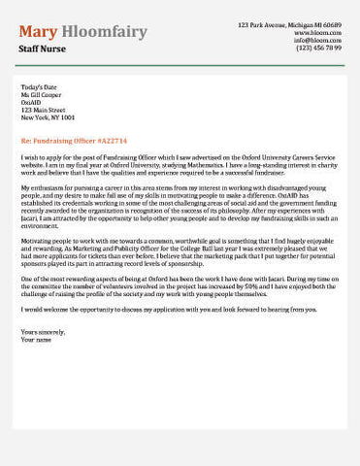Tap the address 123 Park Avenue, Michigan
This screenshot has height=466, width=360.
pyautogui.click(x=289, y=23)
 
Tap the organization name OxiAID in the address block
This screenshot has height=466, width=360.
pyautogui.click(x=32, y=103)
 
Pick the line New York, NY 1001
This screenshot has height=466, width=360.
pyautogui.click(x=48, y=117)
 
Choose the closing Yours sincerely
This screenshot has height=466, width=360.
pyautogui.click(x=42, y=331)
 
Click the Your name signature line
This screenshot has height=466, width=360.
pyautogui.click(x=36, y=339)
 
